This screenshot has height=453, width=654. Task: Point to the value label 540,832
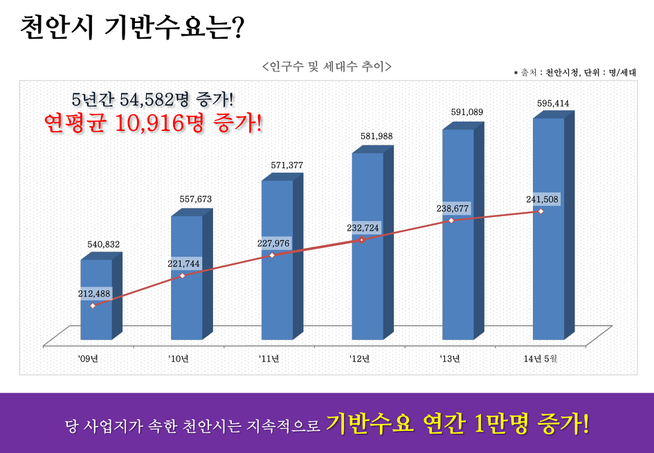coord(104,244)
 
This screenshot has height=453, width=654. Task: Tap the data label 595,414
coord(553,103)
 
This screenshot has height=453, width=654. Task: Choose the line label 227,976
coord(273,243)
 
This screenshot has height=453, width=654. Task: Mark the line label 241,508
coord(542,199)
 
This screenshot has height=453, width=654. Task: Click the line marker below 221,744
coord(183,276)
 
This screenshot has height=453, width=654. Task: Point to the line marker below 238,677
coord(451,220)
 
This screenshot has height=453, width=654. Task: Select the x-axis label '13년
coord(451,358)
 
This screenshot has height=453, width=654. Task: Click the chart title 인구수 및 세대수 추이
coord(327,66)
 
